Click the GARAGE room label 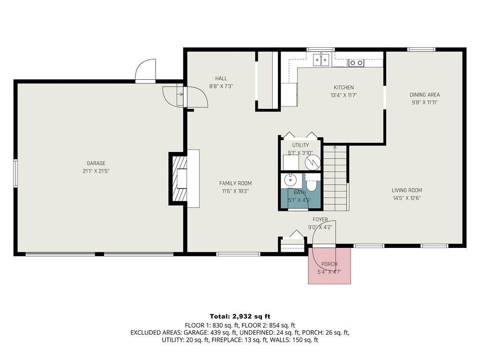(96, 164)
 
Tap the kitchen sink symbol (321, 60)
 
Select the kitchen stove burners (356, 62)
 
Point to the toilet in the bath (312, 186)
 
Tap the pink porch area (329, 266)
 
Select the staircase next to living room (335, 178)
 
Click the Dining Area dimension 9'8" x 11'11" (425, 102)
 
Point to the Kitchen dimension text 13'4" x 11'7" (344, 95)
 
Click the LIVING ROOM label (407, 190)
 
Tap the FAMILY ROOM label (235, 183)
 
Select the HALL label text (221, 78)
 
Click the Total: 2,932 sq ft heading (240, 316)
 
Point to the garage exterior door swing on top (145, 72)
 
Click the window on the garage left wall (15, 173)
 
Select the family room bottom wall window (238, 254)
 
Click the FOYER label (321, 219)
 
